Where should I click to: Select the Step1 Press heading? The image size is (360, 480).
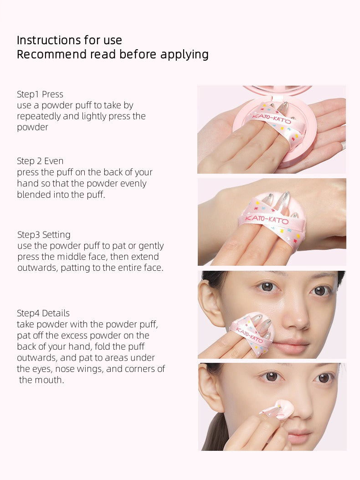pyautogui.click(x=40, y=94)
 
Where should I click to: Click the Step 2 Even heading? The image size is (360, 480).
pyautogui.click(x=40, y=161)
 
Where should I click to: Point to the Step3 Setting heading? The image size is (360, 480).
pyautogui.click(x=44, y=235)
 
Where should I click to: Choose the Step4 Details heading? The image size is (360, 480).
pyautogui.click(x=43, y=313)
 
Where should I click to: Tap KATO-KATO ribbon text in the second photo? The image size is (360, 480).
pyautogui.click(x=267, y=220)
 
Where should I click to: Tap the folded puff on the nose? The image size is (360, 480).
pyautogui.click(x=279, y=409)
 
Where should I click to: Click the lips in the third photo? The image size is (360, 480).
pyautogui.click(x=291, y=346)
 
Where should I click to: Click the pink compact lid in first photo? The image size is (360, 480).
pyautogui.click(x=277, y=89)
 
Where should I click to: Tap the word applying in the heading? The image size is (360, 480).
pyautogui.click(x=184, y=55)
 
